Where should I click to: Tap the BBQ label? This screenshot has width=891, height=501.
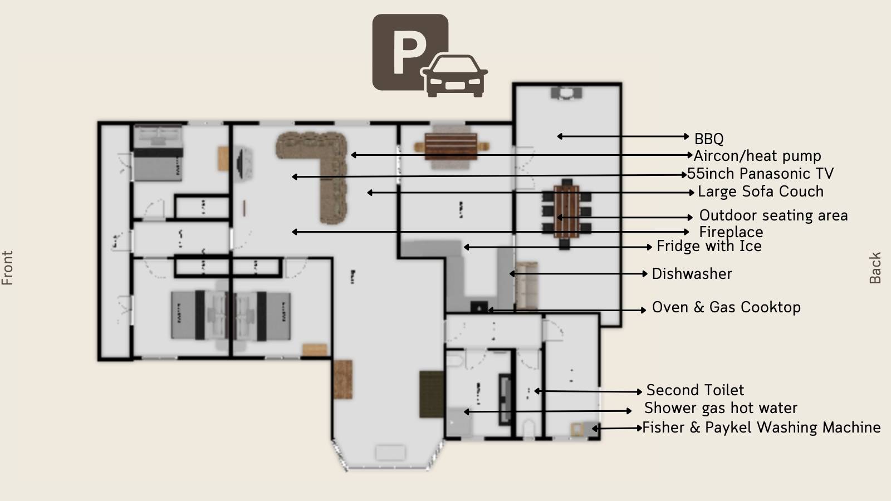(x=708, y=139)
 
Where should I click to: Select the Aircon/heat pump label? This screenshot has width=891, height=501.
(x=757, y=156)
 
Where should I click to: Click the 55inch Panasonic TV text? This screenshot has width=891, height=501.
(x=760, y=174)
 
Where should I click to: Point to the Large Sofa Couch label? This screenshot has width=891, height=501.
(x=760, y=191)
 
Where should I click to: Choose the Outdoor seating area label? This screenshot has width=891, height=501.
(x=773, y=215)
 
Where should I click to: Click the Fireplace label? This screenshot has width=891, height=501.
(x=731, y=232)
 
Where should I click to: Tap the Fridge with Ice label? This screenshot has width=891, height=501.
(x=708, y=246)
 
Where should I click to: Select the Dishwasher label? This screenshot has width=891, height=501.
(x=692, y=274)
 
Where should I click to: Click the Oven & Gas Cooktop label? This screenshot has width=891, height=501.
(x=726, y=307)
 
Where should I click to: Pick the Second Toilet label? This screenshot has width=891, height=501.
(x=694, y=390)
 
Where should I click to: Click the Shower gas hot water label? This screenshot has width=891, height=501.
(x=720, y=408)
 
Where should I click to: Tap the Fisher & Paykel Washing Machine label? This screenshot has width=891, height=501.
(x=761, y=428)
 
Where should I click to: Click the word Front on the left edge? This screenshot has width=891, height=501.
(x=7, y=268)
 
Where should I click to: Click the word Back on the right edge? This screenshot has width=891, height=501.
(x=875, y=268)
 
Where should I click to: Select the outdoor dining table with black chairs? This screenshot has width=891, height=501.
(x=566, y=212)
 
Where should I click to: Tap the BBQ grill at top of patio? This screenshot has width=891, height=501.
(x=566, y=92)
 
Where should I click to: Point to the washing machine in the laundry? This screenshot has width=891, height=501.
(x=577, y=429)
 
